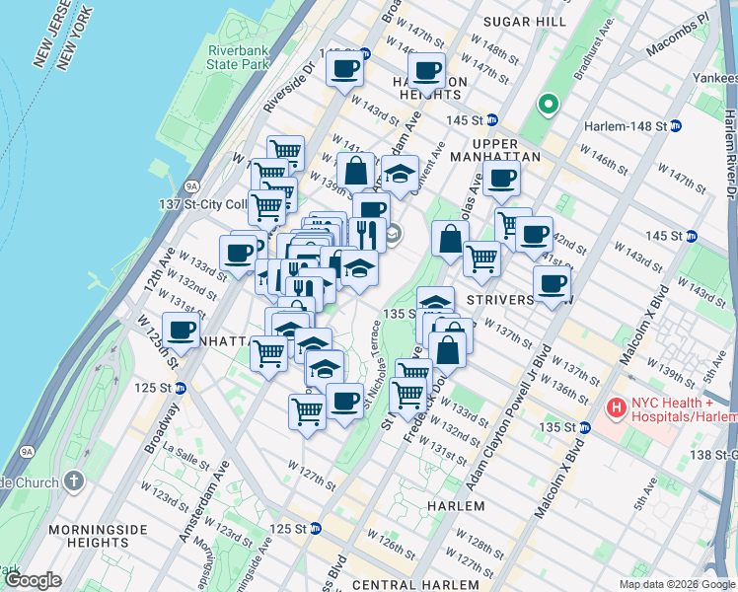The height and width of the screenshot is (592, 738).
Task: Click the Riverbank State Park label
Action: [239, 57]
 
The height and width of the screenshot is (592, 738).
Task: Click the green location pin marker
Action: [547, 103]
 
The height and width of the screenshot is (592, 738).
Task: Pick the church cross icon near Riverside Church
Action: [73, 481]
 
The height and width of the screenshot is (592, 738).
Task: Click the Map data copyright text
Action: [676, 584]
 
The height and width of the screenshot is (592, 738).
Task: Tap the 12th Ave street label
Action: [153, 272]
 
